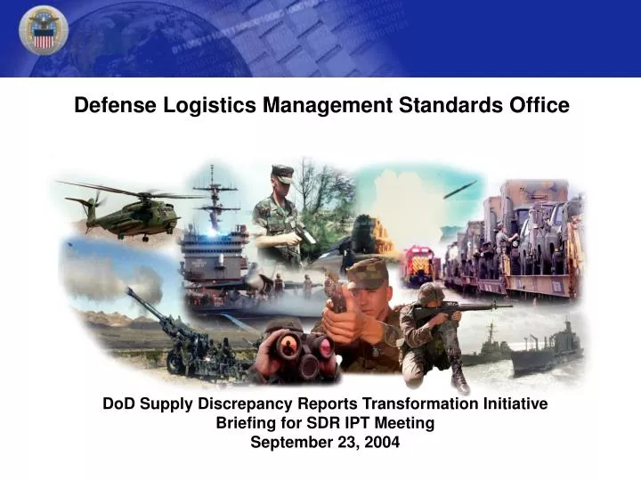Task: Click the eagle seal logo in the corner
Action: click(x=43, y=30)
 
